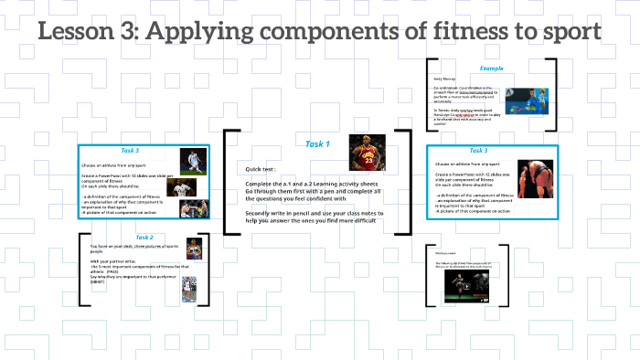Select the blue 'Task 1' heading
(x=317, y=143)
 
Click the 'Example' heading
(x=491, y=69)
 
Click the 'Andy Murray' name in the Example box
(x=445, y=79)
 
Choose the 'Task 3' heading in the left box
(x=130, y=150)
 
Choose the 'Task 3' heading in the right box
(x=478, y=150)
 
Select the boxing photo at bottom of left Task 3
(x=191, y=209)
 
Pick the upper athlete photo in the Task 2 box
(x=193, y=248)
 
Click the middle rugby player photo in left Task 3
(x=184, y=186)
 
